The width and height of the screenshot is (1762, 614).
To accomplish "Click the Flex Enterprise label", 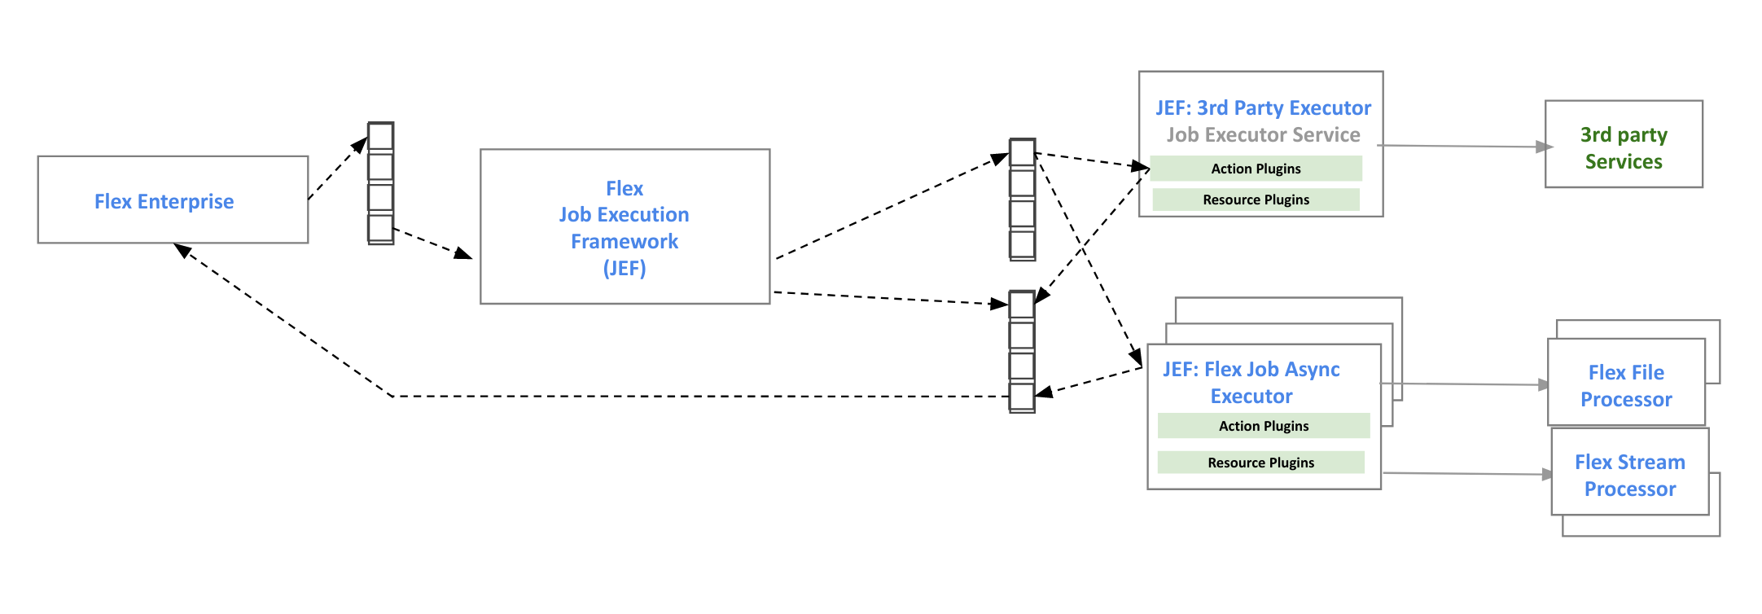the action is click(x=164, y=201).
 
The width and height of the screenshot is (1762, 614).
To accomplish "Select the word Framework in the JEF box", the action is click(x=624, y=241).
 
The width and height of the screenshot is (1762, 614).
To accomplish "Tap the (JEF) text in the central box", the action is click(x=624, y=268).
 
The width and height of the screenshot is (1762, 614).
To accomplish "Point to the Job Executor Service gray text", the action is click(x=1262, y=134).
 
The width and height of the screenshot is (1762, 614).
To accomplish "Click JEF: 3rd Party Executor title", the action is click(x=1262, y=107).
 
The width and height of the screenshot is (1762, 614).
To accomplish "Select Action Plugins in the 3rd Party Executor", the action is click(x=1256, y=169).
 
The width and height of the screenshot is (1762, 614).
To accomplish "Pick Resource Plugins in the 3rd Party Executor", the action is click(x=1256, y=200).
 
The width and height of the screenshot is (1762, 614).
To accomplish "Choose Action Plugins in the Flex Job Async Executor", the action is click(x=1263, y=426).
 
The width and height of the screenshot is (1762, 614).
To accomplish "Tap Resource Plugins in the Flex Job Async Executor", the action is click(x=1260, y=463).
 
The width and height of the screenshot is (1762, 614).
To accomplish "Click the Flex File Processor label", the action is click(x=1625, y=385).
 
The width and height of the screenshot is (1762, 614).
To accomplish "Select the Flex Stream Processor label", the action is click(x=1629, y=475).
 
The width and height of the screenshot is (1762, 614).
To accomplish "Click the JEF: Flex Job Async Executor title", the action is click(x=1251, y=382).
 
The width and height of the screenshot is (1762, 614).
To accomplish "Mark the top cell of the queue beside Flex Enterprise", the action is click(x=380, y=137).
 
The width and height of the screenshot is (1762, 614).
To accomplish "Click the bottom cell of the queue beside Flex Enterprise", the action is click(x=380, y=228).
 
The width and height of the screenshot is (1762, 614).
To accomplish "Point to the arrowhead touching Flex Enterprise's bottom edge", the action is click(x=182, y=250).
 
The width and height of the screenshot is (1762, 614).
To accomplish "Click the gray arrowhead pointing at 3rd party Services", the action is click(x=1543, y=147).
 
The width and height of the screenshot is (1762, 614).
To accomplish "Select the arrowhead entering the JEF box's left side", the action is click(x=464, y=254).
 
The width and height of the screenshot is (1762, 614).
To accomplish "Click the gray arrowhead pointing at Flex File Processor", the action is click(x=1544, y=384).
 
